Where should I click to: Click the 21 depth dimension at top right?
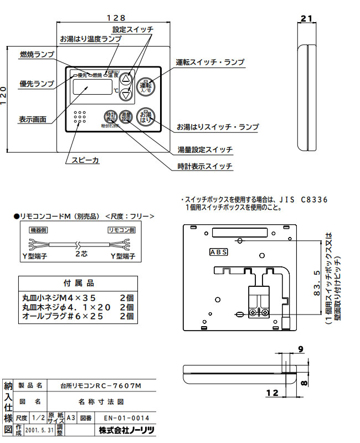pyautogui.click(x=306, y=18)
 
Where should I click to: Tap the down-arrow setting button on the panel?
pyautogui.click(x=127, y=95)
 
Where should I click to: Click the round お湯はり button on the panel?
pyautogui.click(x=146, y=116)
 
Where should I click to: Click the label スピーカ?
pyautogui.click(x=82, y=160)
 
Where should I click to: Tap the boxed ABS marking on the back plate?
pyautogui.click(x=218, y=252)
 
